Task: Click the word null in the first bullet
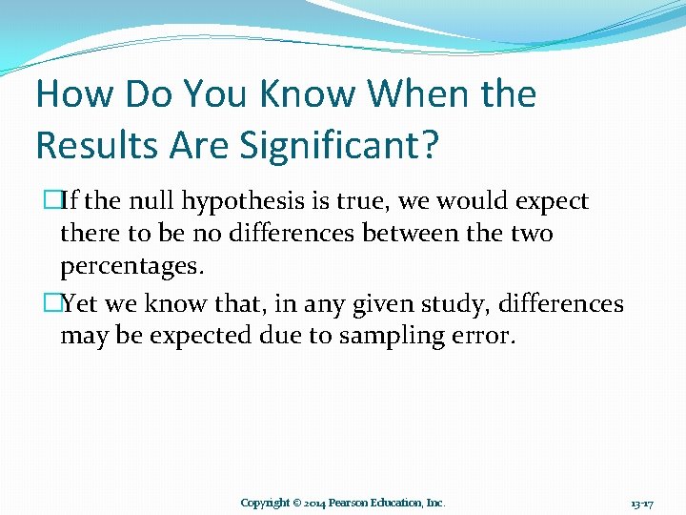tap(151, 201)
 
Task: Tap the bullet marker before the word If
tap(51, 202)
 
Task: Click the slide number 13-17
tap(640, 503)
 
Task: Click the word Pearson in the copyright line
tap(354, 503)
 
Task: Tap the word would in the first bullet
tap(472, 201)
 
